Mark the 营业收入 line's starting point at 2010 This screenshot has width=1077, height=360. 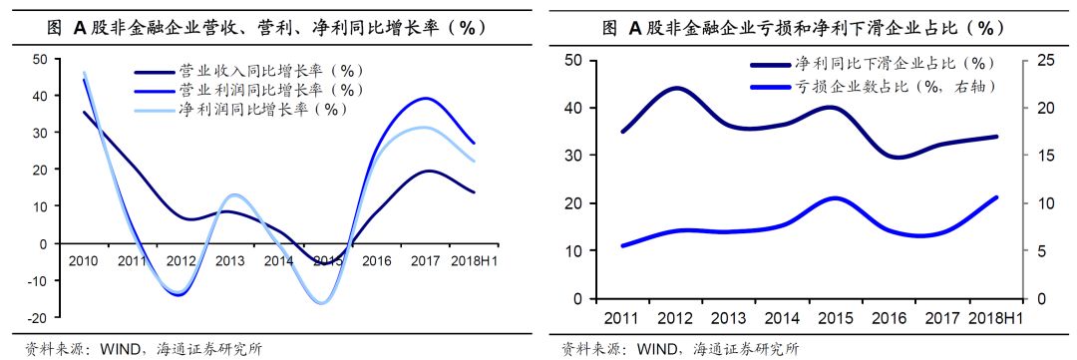click(x=83, y=112)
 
